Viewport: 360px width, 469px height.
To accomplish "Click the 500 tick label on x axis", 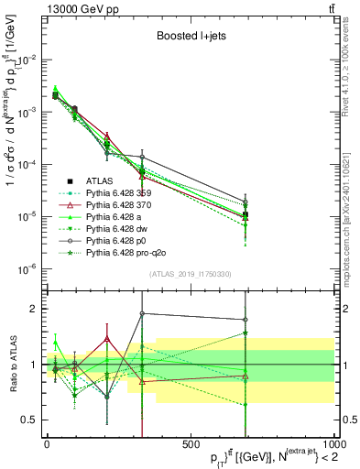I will (x=191, y=442).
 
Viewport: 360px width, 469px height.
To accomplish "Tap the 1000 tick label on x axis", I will (x=332, y=442).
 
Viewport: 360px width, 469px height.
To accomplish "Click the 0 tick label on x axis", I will (x=47, y=442).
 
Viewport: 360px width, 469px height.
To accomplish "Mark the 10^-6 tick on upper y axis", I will (x=25, y=268).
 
